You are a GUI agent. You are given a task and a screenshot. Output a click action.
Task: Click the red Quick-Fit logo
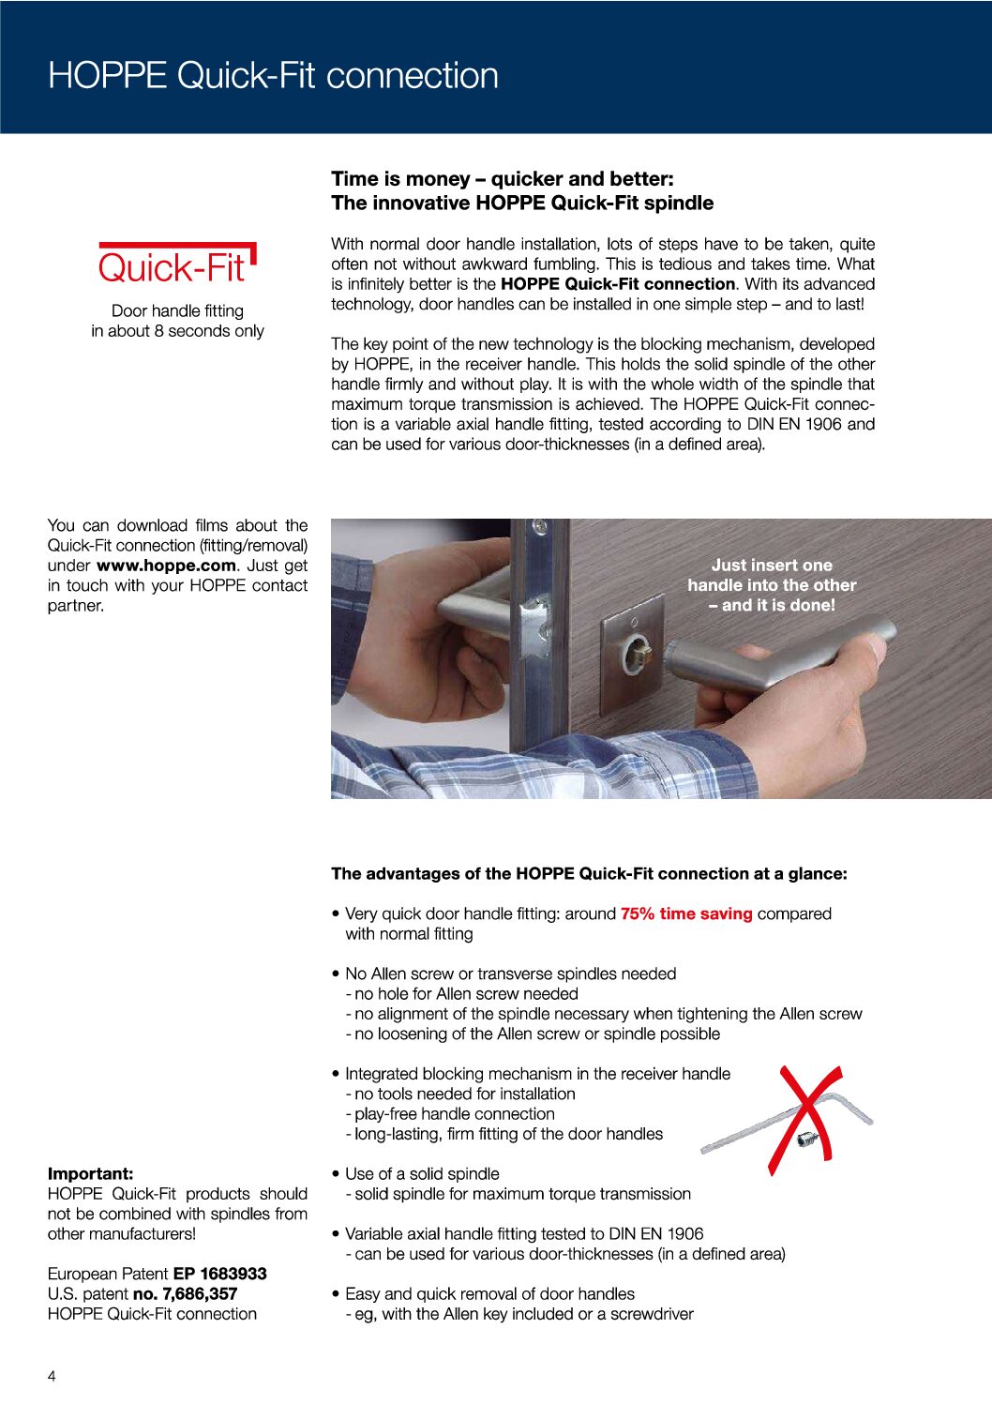pos(176,265)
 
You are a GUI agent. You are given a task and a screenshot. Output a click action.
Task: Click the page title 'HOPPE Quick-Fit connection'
pos(273,75)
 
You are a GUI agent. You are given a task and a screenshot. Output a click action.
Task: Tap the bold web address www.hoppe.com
pos(166,566)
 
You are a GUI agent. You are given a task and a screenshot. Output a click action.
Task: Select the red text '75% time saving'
pos(686,913)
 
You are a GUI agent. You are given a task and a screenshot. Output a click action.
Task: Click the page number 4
pos(52,1376)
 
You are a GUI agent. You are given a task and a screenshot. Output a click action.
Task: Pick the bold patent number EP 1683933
pos(220,1274)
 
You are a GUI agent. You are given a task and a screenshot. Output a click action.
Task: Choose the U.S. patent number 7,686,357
pos(186,1293)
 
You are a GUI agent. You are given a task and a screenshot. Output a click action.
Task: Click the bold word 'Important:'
pos(91,1173)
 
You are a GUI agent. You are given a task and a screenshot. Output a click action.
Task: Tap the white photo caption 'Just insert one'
pos(772,565)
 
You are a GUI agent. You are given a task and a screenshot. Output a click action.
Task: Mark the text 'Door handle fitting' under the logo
pos(177,310)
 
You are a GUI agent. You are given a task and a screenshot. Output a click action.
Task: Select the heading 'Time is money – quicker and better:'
pos(503,178)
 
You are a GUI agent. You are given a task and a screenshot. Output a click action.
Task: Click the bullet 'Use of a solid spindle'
pos(422,1173)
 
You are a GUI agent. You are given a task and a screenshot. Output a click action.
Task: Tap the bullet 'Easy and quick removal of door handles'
pos(489,1293)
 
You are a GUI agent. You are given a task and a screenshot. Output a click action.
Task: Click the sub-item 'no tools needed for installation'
pos(464,1094)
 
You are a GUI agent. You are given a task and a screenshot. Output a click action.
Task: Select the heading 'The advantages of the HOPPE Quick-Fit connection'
pos(589,873)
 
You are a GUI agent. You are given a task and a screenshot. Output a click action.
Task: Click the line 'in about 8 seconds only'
pos(177,331)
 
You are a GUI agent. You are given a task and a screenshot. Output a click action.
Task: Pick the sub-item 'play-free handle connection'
pos(454,1113)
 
